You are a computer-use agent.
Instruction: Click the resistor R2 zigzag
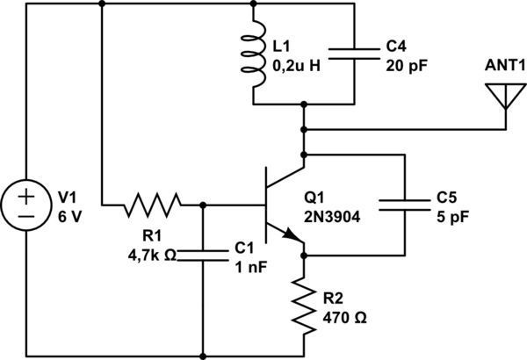(305, 306)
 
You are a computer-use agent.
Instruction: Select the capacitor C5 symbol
(404, 205)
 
